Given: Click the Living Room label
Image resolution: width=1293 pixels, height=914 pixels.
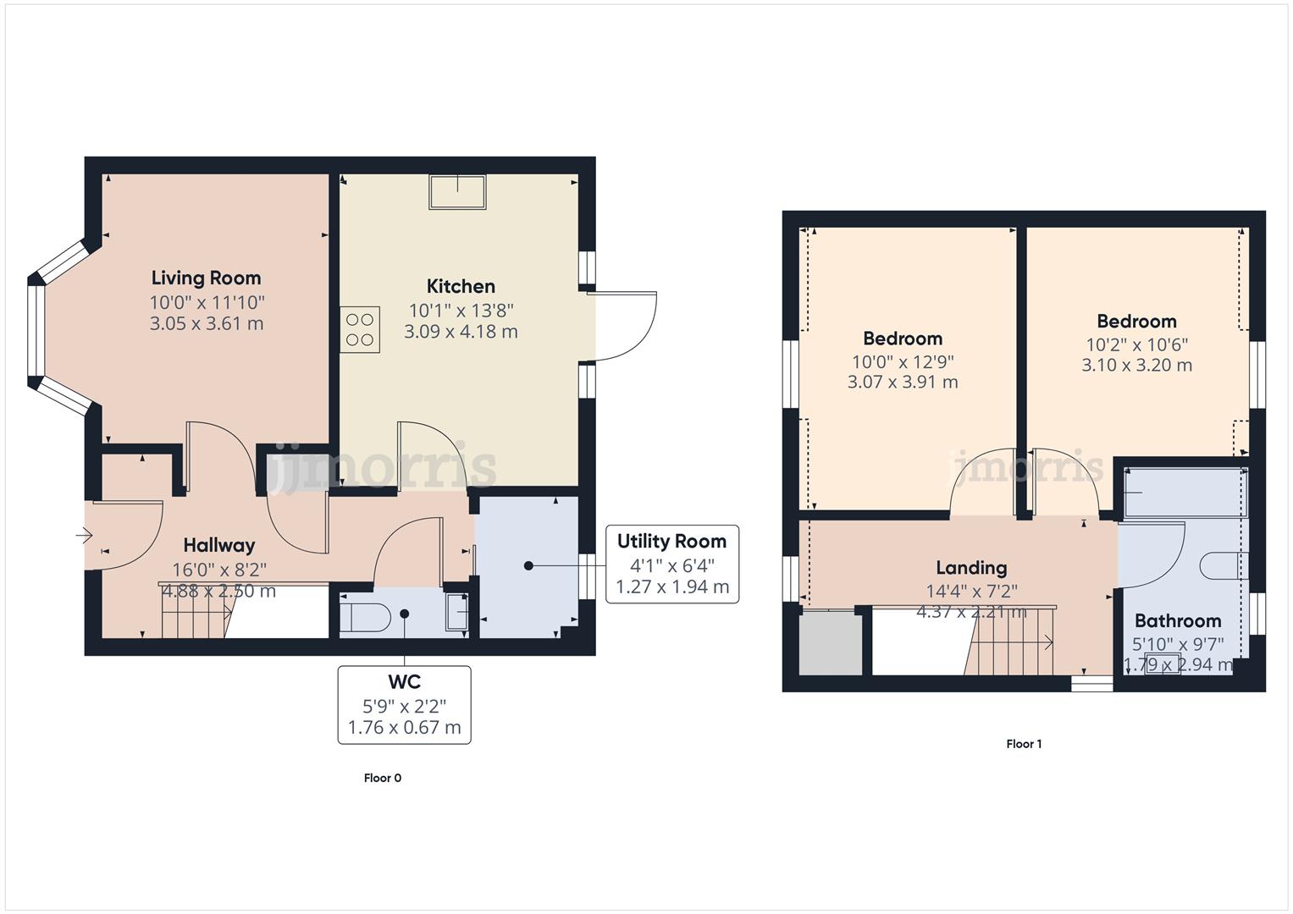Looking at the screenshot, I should pyautogui.click(x=206, y=278).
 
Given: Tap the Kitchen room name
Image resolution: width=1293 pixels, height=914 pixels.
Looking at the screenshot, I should pyautogui.click(x=461, y=286).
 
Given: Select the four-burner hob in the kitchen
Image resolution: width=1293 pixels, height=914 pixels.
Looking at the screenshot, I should pyautogui.click(x=360, y=330).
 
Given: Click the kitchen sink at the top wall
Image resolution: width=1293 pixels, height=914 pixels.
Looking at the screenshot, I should pyautogui.click(x=458, y=191).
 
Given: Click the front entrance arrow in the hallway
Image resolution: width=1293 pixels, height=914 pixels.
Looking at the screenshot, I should pyautogui.click(x=84, y=535).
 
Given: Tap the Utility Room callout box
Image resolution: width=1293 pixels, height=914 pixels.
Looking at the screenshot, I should pyautogui.click(x=672, y=564).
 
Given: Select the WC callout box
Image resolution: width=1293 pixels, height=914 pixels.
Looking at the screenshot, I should pyautogui.click(x=404, y=704).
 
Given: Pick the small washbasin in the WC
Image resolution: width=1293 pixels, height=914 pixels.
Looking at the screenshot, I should pyautogui.click(x=457, y=612).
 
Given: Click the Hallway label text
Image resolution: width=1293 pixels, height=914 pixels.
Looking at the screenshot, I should pyautogui.click(x=218, y=545).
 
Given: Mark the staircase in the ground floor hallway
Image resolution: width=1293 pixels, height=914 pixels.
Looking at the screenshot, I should pyautogui.click(x=195, y=611).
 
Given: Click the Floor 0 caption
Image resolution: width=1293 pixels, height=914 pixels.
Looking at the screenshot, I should pyautogui.click(x=383, y=778).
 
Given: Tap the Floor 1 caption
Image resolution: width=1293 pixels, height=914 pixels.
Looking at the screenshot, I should pyautogui.click(x=1024, y=744).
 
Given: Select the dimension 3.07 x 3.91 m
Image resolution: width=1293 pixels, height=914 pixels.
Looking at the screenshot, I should pyautogui.click(x=903, y=382).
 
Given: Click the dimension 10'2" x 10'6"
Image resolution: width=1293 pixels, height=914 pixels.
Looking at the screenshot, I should pyautogui.click(x=1136, y=344).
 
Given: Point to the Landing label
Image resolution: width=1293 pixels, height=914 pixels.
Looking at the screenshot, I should pyautogui.click(x=971, y=568).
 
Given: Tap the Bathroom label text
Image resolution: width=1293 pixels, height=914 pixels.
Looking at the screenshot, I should pyautogui.click(x=1178, y=620).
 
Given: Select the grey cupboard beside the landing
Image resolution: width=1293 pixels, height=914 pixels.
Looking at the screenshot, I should pyautogui.click(x=831, y=642).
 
